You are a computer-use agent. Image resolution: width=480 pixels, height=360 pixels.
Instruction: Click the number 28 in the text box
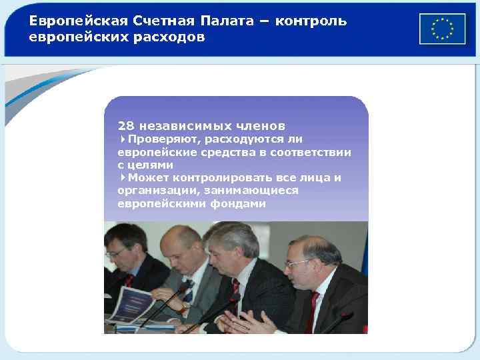click(x=125, y=125)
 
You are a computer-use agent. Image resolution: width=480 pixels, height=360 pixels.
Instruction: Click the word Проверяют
click(x=164, y=139)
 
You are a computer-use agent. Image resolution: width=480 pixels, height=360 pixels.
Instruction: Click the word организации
click(x=151, y=190)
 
